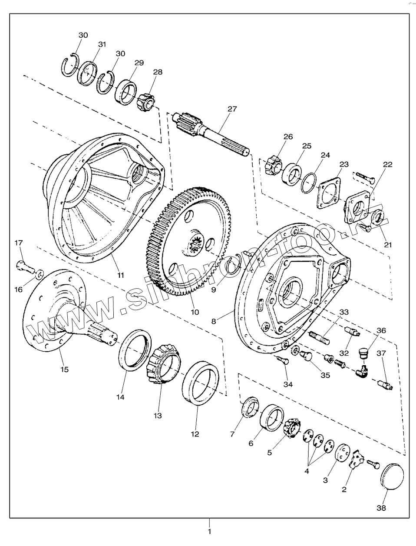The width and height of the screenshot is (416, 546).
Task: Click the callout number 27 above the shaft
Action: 232,109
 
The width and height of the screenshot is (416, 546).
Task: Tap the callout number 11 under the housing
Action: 120,275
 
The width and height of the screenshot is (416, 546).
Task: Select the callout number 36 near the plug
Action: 381,330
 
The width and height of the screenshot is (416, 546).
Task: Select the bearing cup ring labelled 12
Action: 200,383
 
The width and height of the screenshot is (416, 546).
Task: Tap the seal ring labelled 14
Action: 135,350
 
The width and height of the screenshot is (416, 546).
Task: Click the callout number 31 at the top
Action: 102,44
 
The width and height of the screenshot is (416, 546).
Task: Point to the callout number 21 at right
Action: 388,244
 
